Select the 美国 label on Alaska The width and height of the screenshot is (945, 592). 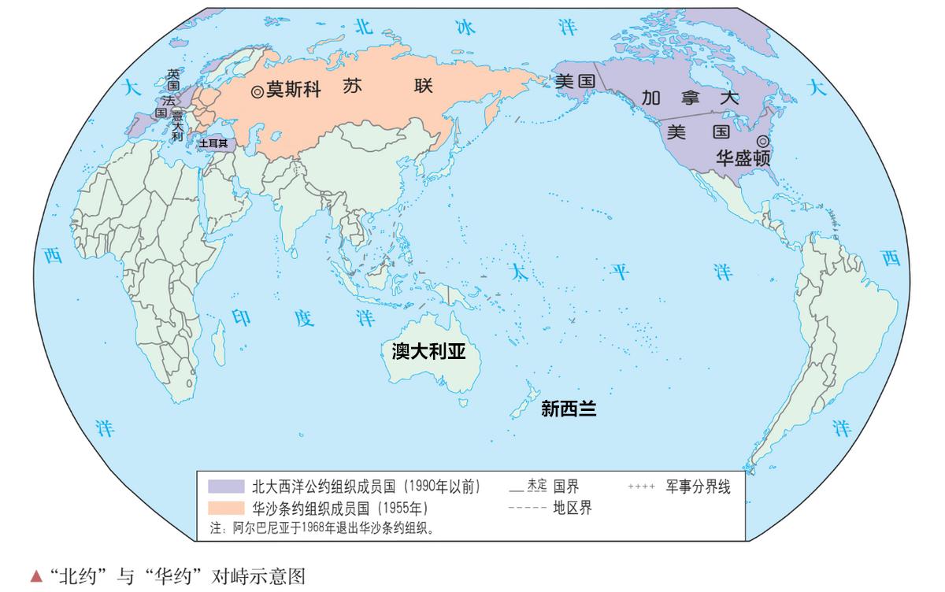pyautogui.click(x=574, y=81)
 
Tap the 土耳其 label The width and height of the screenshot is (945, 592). pyautogui.click(x=213, y=144)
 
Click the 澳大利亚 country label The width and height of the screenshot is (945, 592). pyautogui.click(x=429, y=351)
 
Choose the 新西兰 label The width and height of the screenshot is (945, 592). pyautogui.click(x=569, y=409)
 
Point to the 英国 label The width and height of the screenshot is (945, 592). pyautogui.click(x=173, y=80)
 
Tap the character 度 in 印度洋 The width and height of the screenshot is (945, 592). pyautogui.click(x=304, y=318)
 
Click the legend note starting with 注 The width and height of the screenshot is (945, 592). pyautogui.click(x=323, y=527)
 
